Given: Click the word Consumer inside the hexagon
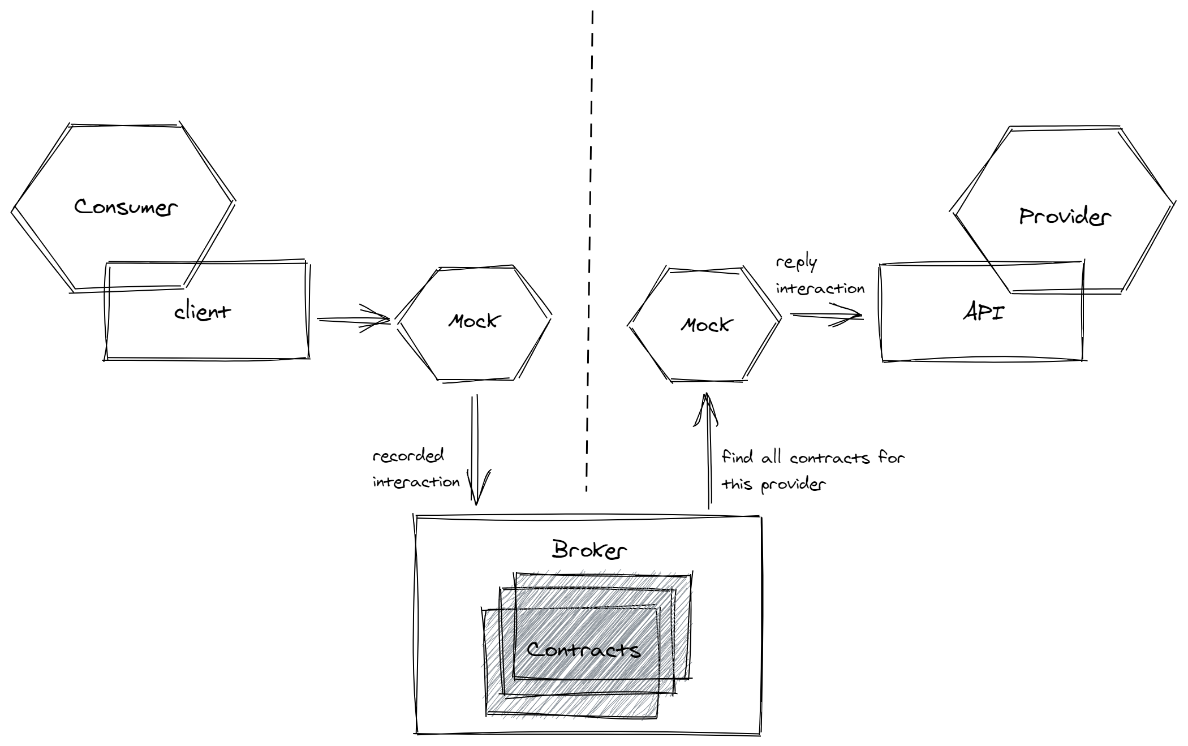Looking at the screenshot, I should click(x=126, y=207).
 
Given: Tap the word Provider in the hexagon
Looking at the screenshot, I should click(x=1065, y=217).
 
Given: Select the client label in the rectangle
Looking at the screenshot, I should click(x=202, y=312).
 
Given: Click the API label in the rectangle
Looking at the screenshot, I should click(x=983, y=312).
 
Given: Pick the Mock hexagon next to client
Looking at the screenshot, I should click(x=474, y=322).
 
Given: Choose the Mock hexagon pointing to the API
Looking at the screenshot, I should click(x=705, y=325).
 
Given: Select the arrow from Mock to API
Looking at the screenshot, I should click(x=826, y=314).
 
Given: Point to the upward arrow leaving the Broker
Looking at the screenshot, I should click(x=708, y=452).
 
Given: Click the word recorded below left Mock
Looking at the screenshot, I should click(x=408, y=456).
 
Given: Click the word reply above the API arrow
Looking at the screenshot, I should click(x=797, y=263).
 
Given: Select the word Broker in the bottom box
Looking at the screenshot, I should click(x=589, y=550).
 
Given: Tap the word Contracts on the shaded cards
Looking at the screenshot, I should click(x=583, y=649).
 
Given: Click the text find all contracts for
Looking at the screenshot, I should click(x=813, y=458).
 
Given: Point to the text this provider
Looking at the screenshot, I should click(x=773, y=485).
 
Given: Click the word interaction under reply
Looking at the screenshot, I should click(x=820, y=289).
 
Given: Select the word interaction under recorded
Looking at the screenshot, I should click(x=416, y=482).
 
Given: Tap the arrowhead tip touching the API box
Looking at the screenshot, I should click(x=860, y=315).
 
